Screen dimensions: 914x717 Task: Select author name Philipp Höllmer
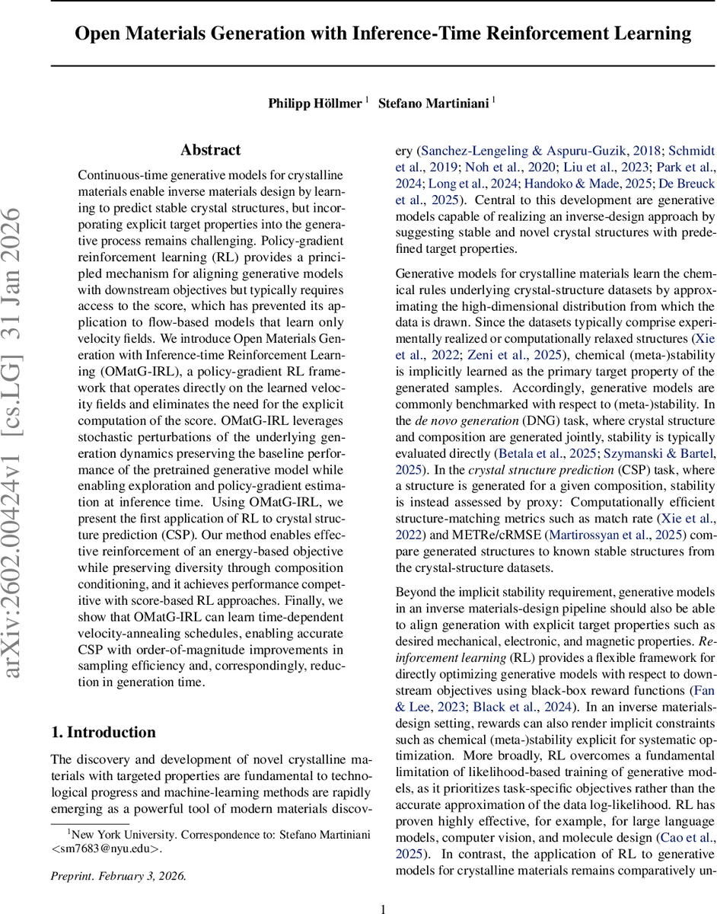pos(314,103)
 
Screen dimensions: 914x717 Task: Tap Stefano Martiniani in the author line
pos(434,103)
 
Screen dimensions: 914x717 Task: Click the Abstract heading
pos(210,150)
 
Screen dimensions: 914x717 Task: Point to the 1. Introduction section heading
pos(103,732)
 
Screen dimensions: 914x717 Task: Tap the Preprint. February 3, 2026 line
pos(118,876)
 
